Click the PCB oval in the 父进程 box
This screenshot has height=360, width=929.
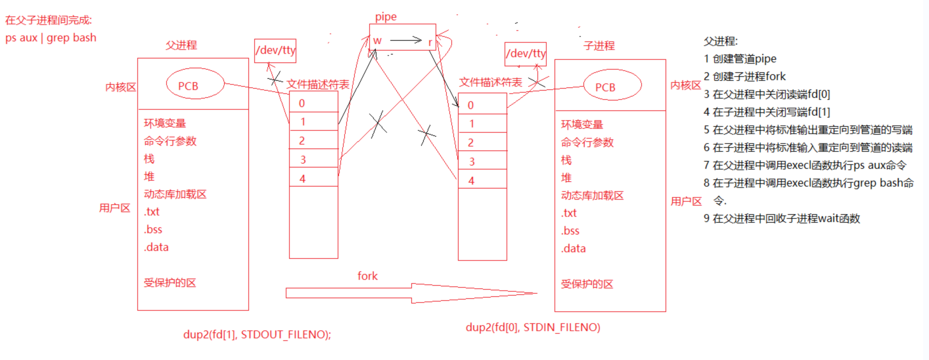coord(192,85)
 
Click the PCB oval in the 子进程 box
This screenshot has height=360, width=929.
coord(605,87)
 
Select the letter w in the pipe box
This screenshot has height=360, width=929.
coord(377,41)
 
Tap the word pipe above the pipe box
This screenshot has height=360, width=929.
coord(386,17)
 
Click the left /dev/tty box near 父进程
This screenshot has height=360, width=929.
coord(275,50)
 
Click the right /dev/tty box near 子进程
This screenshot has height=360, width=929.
coord(526,54)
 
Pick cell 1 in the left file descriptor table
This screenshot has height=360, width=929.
coord(313,122)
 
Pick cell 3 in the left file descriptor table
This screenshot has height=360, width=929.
coord(313,158)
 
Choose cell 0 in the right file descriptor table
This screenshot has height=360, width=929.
coord(482,105)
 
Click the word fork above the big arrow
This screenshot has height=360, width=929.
coord(367,276)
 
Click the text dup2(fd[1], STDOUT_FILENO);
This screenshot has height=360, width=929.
coord(257,334)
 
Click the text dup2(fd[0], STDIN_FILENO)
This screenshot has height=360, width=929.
coord(533,327)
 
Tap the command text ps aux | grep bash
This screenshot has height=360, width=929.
coord(51,37)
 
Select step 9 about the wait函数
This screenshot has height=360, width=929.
coord(781,219)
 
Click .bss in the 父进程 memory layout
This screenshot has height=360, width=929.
coord(153,229)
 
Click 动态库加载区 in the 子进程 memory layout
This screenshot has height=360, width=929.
coord(592,195)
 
